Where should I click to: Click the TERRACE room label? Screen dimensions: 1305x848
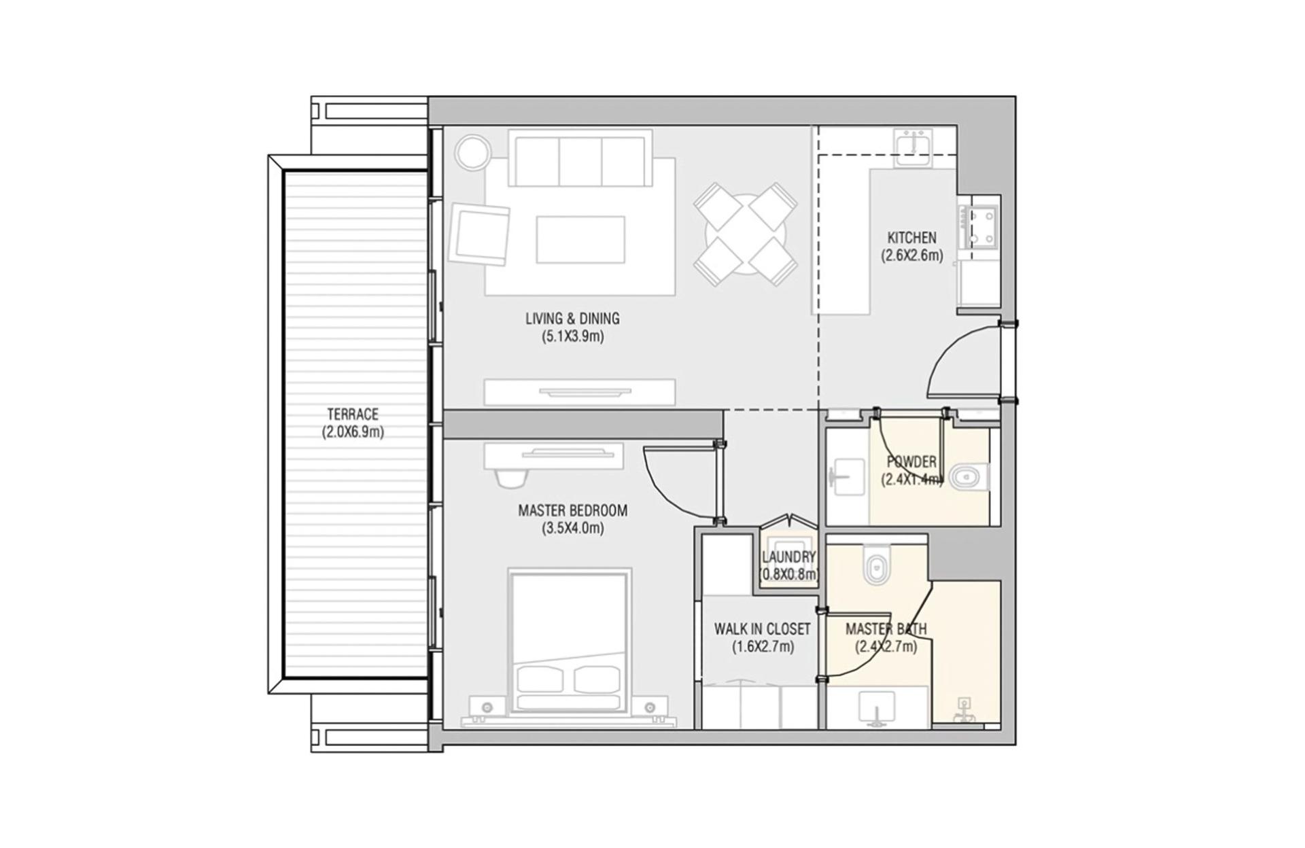353,414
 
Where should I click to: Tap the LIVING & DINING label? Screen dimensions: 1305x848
572,318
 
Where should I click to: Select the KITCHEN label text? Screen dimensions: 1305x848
911,238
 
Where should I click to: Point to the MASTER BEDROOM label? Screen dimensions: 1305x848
572,510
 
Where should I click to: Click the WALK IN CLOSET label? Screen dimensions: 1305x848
762,629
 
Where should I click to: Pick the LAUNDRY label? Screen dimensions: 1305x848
788,557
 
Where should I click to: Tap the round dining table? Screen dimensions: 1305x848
746,234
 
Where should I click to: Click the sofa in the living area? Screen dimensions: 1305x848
580,158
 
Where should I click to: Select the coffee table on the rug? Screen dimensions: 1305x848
580,239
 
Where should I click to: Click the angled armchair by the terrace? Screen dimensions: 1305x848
479,234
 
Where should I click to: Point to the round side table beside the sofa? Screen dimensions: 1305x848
472,153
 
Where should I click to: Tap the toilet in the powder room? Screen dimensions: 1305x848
968,477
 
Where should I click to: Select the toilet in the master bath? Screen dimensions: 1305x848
876,564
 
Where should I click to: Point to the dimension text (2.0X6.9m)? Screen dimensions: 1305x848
353,431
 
